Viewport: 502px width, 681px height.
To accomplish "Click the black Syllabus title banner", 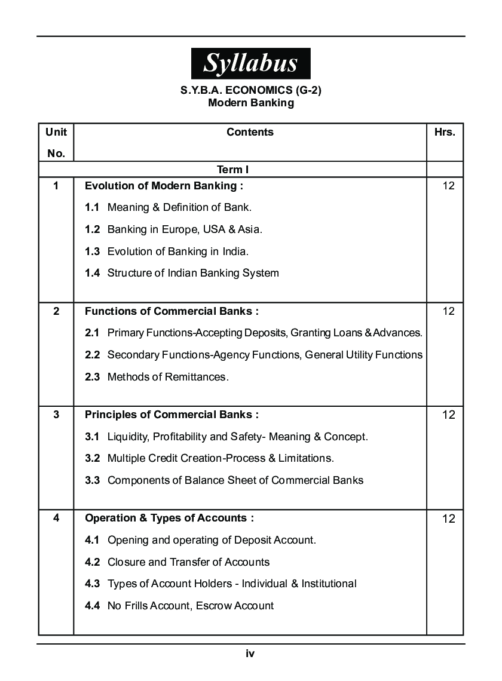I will (250, 63).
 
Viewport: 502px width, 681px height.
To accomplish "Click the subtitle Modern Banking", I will (250, 103).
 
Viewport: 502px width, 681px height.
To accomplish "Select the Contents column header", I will (250, 132).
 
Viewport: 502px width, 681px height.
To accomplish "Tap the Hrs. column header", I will (445, 132).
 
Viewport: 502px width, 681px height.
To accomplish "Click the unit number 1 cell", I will (56, 186).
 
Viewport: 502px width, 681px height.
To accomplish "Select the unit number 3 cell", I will (56, 415).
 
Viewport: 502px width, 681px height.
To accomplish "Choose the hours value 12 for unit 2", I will (448, 311).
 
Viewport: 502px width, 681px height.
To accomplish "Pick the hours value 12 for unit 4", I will (448, 519).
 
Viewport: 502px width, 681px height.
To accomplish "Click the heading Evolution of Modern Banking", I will (164, 186).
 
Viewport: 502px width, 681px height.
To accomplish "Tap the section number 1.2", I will (92, 229).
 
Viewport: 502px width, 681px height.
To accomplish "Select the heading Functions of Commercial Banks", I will (172, 311).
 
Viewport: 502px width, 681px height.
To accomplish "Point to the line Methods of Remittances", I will (167, 377).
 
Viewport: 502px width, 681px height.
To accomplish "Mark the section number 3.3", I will (92, 480).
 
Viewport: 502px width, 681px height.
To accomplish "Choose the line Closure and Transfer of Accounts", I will (188, 562).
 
